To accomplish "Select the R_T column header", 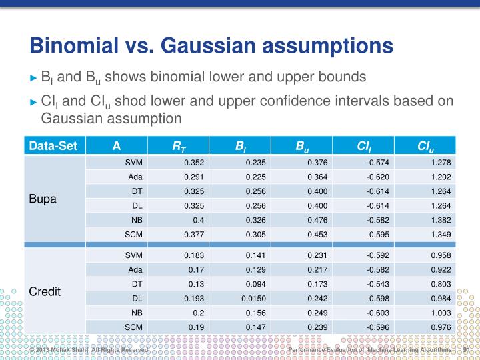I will pyautogui.click(x=178, y=146).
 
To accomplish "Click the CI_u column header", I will pyautogui.click(x=425, y=146).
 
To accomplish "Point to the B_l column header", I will pyautogui.click(x=240, y=146).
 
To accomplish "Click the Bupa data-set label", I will pyautogui.click(x=43, y=199).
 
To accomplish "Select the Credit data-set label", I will pyautogui.click(x=45, y=292).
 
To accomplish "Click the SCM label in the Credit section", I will pyautogui.click(x=134, y=327).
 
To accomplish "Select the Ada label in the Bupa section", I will pyautogui.click(x=135, y=177).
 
